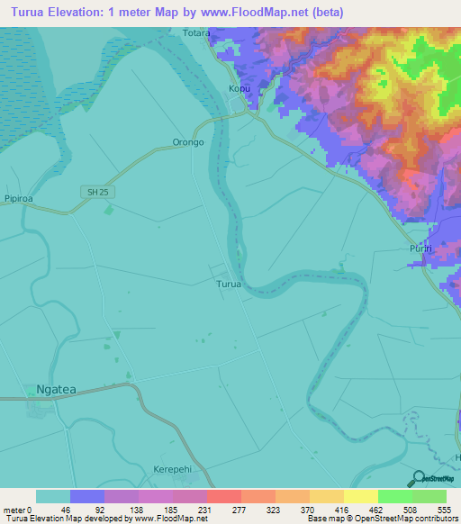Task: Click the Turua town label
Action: point(229,285)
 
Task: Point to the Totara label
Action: point(195,33)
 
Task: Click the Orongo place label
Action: point(187,142)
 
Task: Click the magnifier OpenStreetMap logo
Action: point(431,478)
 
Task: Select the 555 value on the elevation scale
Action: point(444,510)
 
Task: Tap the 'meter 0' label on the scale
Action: point(16,510)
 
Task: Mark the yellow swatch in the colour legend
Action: point(360,496)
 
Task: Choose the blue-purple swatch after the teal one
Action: point(87,496)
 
